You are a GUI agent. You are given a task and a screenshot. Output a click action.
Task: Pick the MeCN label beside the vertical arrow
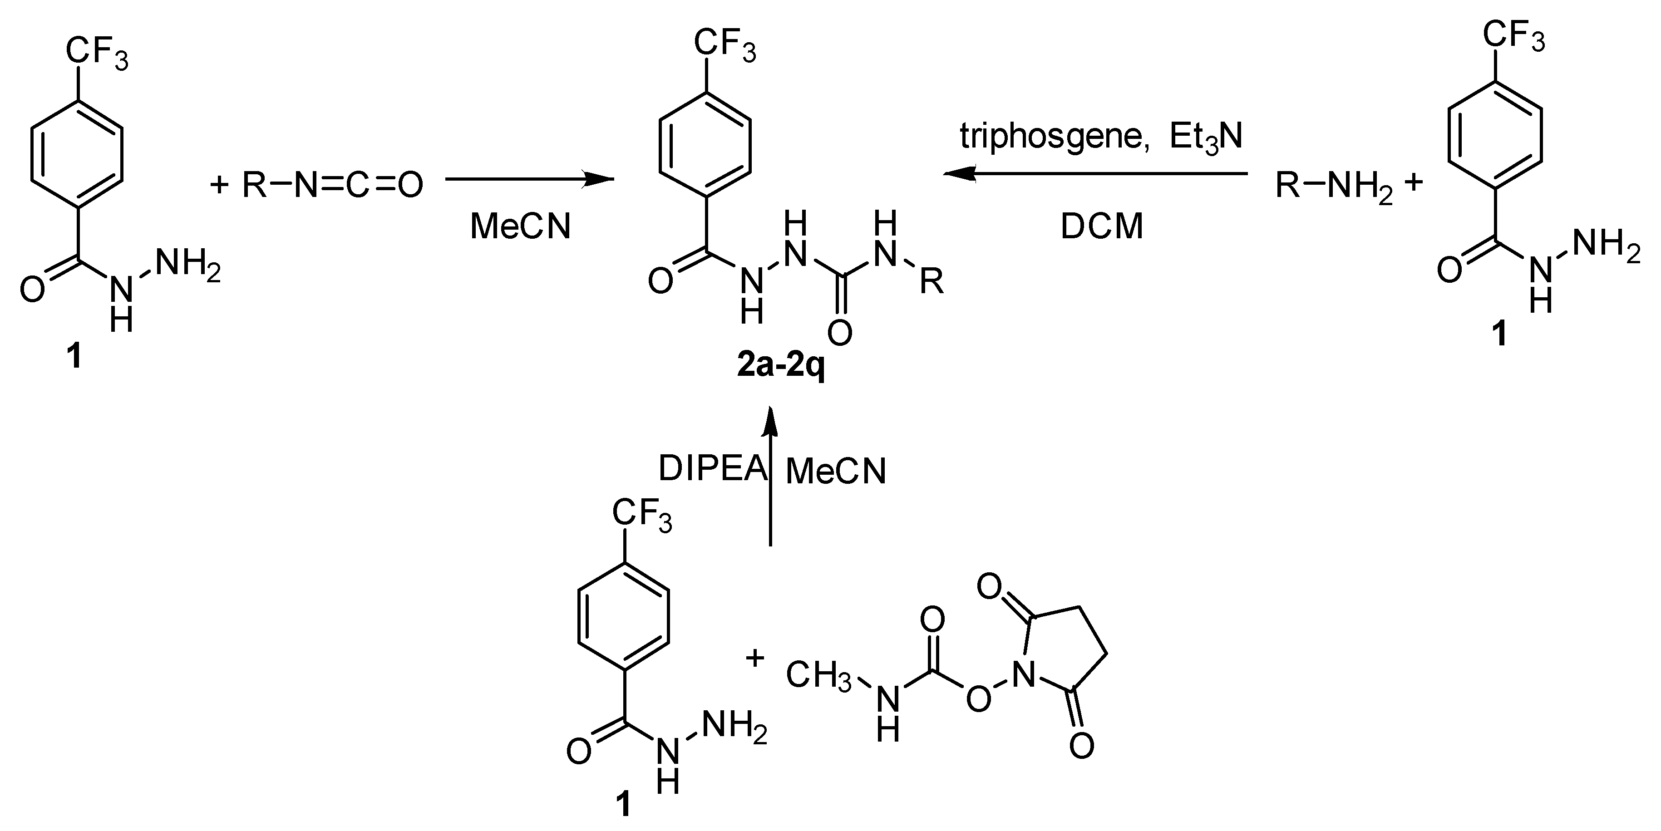[836, 471]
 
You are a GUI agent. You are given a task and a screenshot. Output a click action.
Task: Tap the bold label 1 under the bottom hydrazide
[623, 805]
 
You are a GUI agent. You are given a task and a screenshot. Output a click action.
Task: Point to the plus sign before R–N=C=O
[220, 186]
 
